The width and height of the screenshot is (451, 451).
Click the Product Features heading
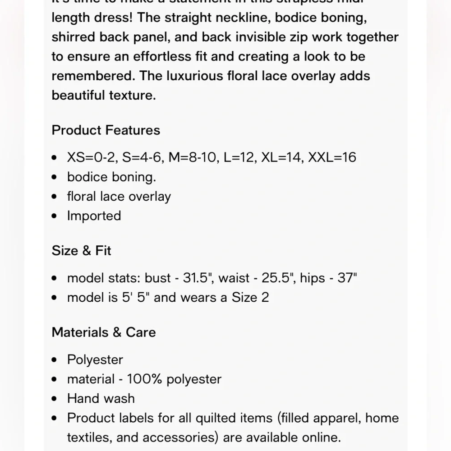point(106,130)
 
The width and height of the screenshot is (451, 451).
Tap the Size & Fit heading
point(81,251)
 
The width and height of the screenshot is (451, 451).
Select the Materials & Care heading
point(104,332)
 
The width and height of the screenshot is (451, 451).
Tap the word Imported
point(94,216)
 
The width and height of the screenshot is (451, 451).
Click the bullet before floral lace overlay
point(55,197)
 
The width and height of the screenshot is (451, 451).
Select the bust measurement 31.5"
point(198,278)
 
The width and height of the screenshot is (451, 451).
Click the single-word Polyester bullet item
point(95,360)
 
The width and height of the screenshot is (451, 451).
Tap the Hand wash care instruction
point(101,399)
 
